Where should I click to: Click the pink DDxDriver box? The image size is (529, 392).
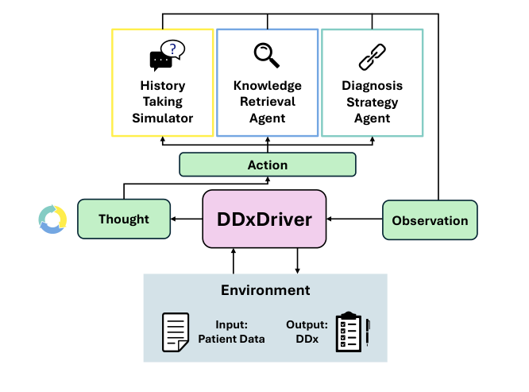coord(265,219)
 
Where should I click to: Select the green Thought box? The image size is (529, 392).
coord(124,219)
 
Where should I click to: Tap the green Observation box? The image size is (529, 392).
coord(430,220)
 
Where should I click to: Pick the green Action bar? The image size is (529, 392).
coord(268,165)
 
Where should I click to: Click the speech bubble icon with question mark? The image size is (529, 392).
coord(166,56)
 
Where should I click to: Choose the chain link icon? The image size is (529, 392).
coord(372,56)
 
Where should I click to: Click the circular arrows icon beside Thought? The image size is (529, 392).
coord(52,220)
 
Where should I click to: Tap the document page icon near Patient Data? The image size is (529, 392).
coord(176,332)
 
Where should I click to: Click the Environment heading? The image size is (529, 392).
coord(265,290)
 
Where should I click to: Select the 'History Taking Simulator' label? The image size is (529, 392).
coord(162,102)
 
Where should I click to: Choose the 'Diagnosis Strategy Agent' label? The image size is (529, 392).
coord(372,102)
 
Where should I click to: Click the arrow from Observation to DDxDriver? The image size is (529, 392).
coord(354,218)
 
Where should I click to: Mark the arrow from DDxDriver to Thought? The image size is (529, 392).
coord(187,218)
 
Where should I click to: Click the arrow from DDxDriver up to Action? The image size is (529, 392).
coord(267,183)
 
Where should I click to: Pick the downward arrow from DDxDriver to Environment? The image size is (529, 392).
coord(298,261)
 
